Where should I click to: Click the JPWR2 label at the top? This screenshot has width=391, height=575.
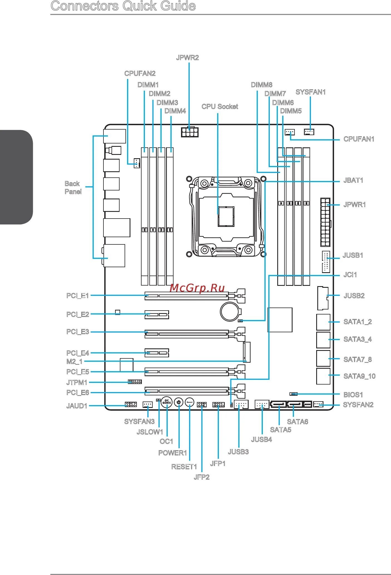[187, 58]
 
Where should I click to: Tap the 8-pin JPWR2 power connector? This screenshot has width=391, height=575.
[190, 132]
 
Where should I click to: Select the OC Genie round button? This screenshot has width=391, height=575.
[167, 402]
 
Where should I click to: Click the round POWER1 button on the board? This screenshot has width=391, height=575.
[179, 402]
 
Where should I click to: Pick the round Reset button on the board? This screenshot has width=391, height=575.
[189, 402]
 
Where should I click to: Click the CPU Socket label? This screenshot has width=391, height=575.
[220, 106]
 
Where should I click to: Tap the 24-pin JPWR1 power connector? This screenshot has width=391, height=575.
[325, 222]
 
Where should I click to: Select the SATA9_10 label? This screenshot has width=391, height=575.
[359, 376]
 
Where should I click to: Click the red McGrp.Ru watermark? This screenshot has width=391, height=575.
[197, 288]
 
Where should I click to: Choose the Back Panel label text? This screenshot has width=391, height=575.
[73, 188]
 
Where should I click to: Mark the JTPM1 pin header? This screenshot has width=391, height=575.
[135, 382]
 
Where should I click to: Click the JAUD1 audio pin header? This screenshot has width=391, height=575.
[131, 404]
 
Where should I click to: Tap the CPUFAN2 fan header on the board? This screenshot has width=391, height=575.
[136, 163]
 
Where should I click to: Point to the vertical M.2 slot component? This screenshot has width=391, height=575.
[247, 352]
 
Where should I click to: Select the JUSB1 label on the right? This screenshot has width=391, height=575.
[353, 255]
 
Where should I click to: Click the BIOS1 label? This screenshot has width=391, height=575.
[353, 395]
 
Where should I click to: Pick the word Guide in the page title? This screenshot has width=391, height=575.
[178, 6]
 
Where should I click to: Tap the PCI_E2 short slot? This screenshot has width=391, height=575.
[157, 314]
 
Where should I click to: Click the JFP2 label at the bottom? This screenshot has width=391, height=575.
[201, 477]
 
